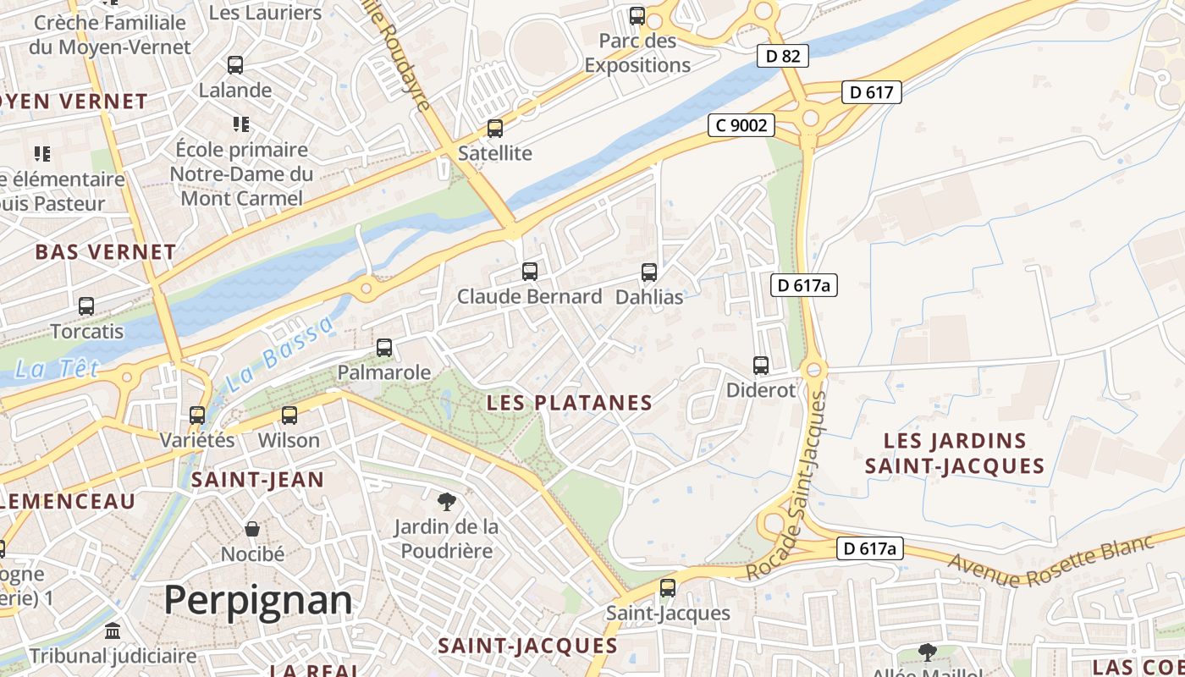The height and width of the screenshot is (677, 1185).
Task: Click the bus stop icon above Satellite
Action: point(495,129)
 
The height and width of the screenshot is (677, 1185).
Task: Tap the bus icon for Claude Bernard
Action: point(530,272)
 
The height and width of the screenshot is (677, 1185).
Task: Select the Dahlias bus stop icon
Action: point(649,272)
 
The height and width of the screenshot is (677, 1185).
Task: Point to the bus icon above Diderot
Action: point(761,366)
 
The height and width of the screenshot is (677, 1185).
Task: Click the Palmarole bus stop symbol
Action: point(384,348)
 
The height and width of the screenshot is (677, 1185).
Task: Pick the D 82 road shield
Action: point(783,57)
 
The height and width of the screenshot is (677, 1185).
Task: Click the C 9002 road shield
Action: point(741,126)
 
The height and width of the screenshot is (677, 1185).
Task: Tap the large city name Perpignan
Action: point(257,600)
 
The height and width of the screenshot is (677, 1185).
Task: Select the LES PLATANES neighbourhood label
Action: point(570,403)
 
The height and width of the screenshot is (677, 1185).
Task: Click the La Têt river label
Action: point(57,369)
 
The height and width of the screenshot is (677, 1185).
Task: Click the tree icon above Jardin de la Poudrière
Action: point(446,502)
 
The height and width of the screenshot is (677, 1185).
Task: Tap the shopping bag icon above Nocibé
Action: point(252,530)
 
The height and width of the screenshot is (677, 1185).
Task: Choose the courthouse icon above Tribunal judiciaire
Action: point(113,631)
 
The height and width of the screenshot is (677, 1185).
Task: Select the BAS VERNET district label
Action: point(106,252)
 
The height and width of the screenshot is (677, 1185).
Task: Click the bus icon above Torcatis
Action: point(86,306)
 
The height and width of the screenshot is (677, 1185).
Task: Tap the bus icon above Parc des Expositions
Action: point(637,16)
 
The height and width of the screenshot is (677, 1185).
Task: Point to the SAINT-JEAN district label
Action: point(257,480)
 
